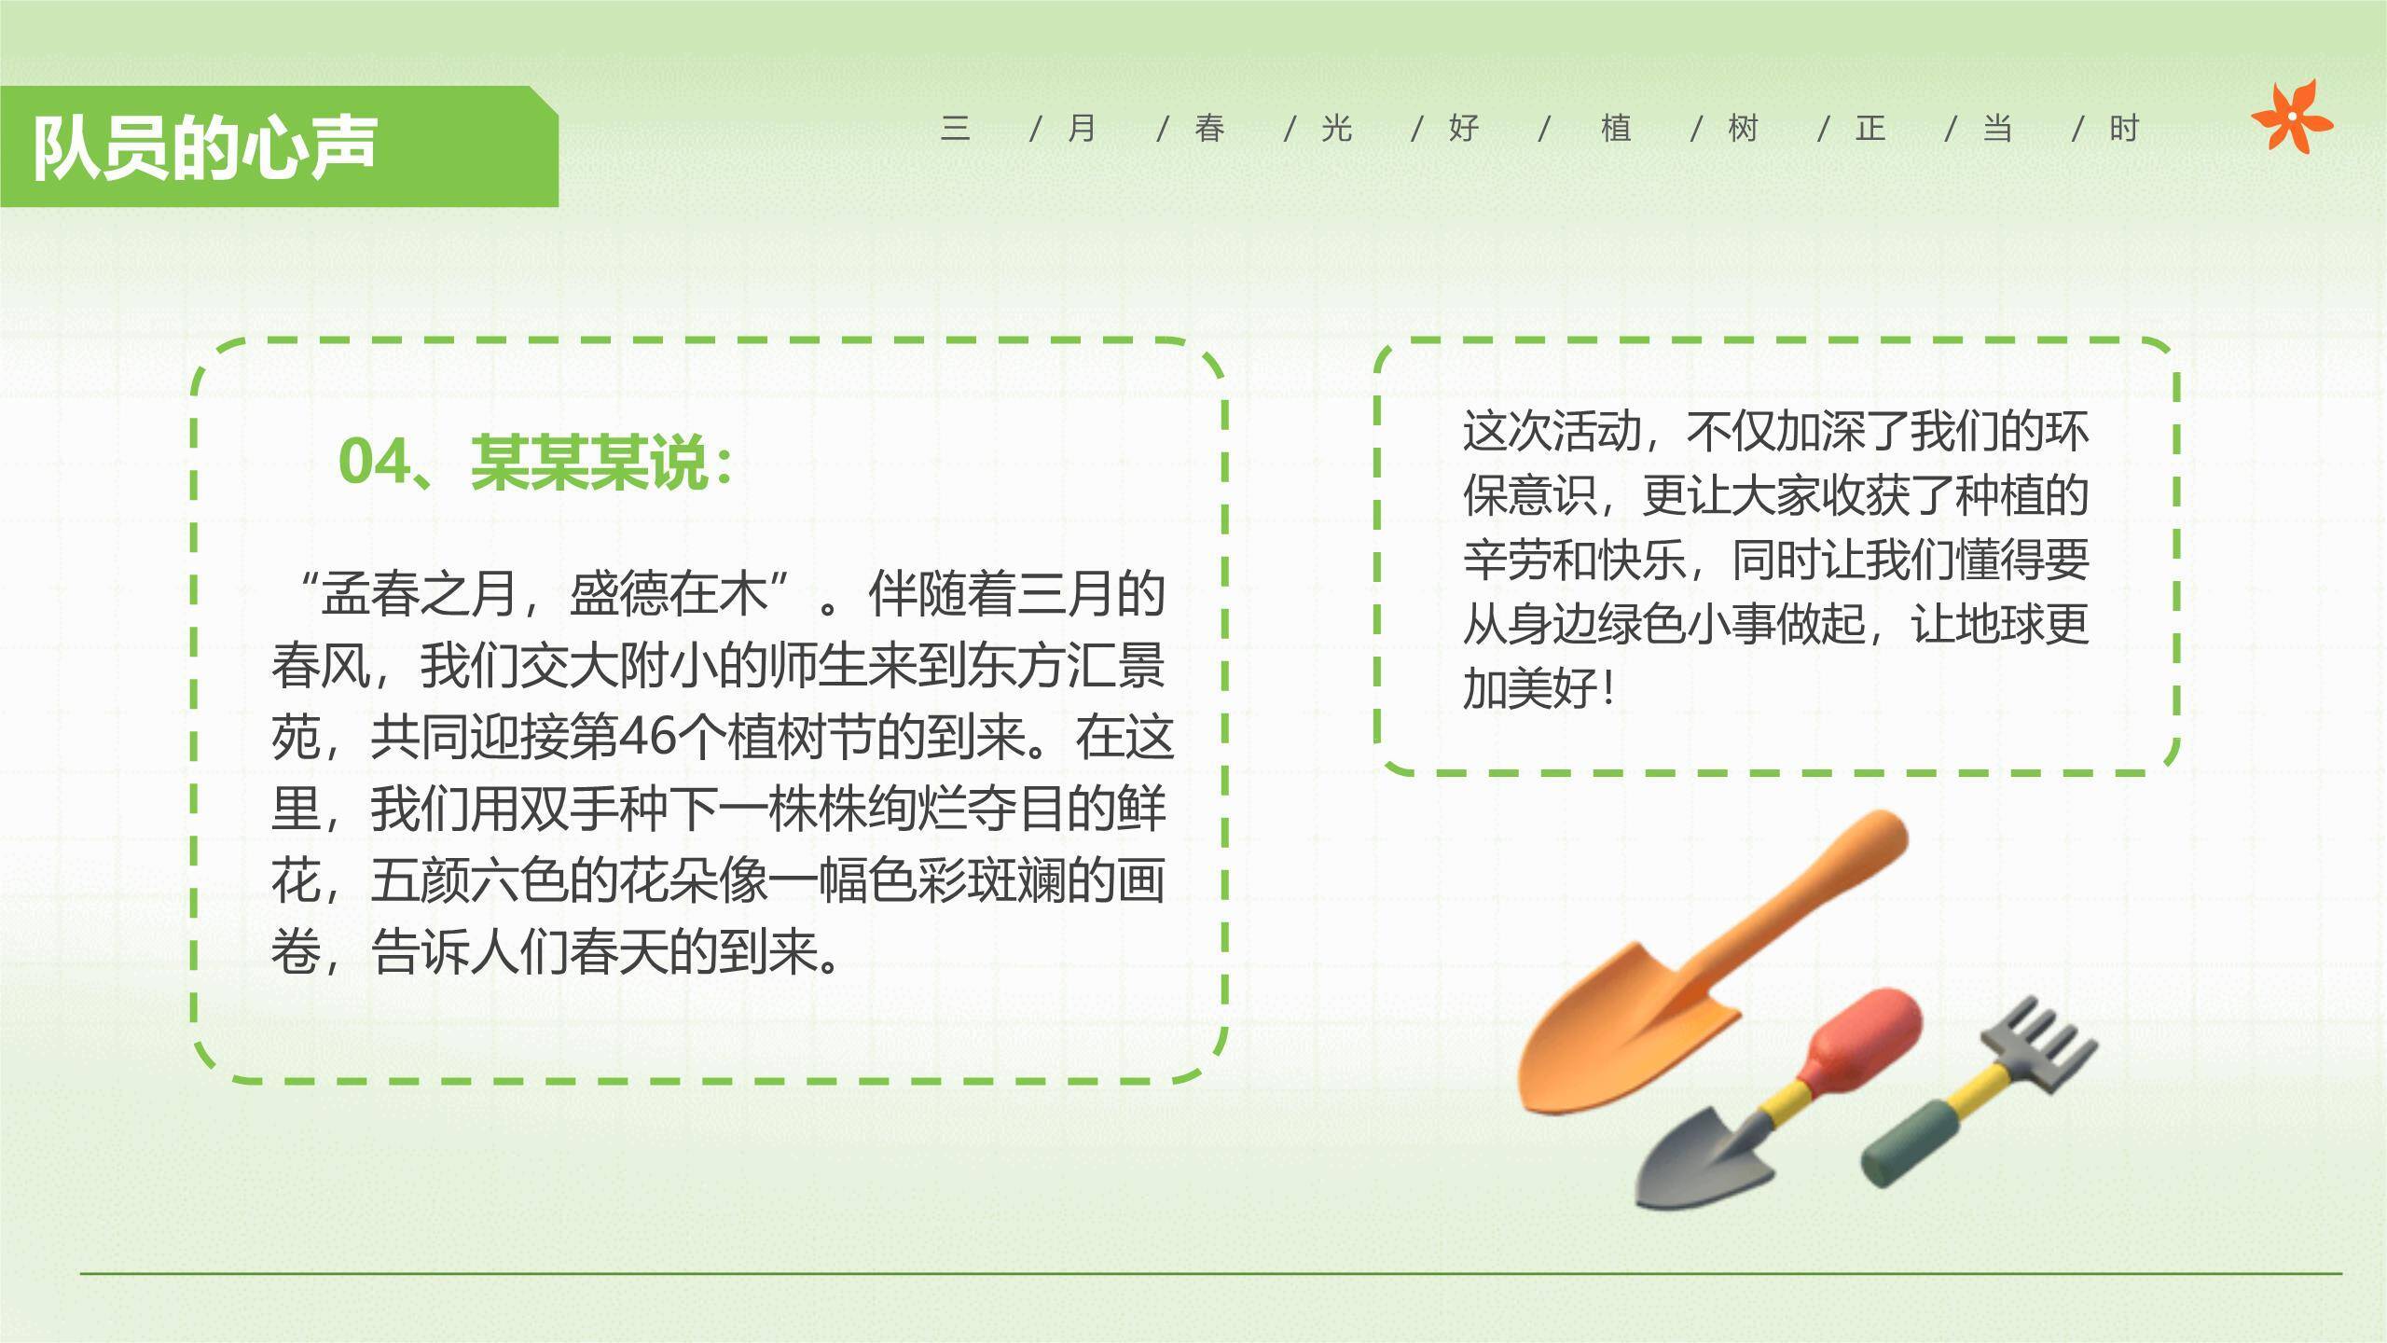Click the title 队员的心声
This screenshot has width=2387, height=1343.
click(x=205, y=147)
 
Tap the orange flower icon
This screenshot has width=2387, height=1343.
click(x=2292, y=117)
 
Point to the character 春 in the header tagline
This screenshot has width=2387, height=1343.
click(x=1209, y=129)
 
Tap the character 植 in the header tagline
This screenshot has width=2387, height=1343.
click(x=1616, y=129)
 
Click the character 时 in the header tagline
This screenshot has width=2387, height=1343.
click(x=2124, y=129)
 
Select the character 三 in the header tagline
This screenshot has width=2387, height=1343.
click(x=956, y=129)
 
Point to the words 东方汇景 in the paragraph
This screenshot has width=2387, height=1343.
click(x=1066, y=666)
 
